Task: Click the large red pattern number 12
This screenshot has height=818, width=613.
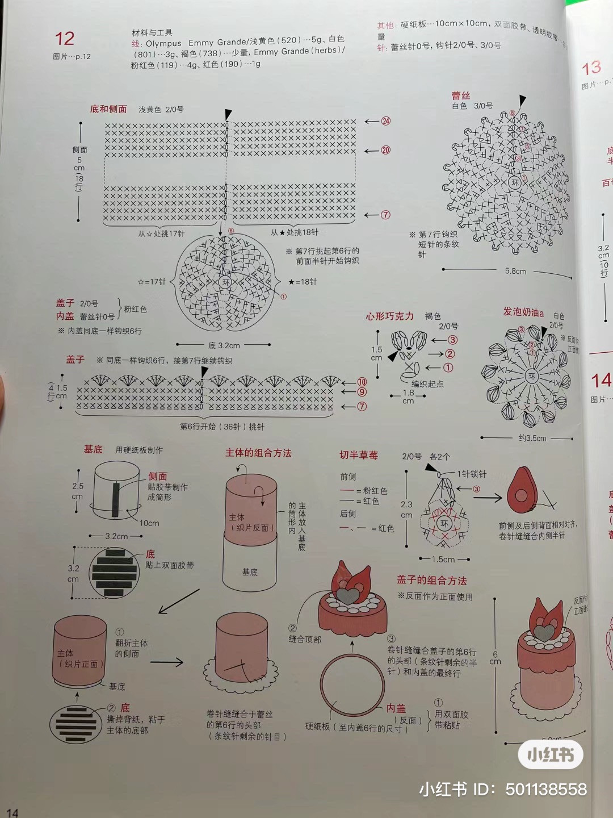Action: (x=65, y=39)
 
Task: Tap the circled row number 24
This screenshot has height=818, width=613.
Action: (x=386, y=121)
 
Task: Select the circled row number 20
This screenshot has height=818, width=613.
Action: (x=386, y=150)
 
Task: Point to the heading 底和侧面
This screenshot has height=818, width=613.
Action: (x=108, y=109)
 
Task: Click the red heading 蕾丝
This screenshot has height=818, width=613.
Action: (x=460, y=95)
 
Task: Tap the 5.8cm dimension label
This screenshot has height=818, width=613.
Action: (x=515, y=272)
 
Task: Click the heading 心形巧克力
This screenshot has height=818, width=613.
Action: (x=390, y=316)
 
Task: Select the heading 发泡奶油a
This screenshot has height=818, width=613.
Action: (x=523, y=312)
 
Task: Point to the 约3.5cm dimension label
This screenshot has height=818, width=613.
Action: (x=532, y=438)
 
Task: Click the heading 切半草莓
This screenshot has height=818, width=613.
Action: (x=359, y=455)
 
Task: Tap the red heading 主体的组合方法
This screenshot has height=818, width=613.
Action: (x=258, y=453)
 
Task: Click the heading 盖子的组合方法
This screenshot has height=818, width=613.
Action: (x=431, y=580)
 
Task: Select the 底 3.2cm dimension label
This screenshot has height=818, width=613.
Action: (x=224, y=345)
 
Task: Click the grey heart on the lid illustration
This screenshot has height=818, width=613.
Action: (x=347, y=595)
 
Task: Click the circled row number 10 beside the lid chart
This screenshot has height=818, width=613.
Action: (x=362, y=382)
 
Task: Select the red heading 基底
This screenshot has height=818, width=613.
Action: (x=93, y=449)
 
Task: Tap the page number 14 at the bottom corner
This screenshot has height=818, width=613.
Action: (x=12, y=812)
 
